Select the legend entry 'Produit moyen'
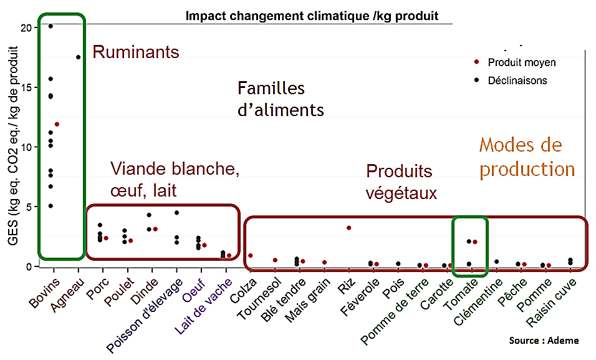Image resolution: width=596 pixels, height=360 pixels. [x=521, y=62]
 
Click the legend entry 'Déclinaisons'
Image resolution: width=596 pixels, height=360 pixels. [x=517, y=80]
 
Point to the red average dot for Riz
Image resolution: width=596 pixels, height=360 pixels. [x=349, y=228]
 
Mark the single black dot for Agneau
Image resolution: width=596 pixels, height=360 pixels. [x=78, y=57]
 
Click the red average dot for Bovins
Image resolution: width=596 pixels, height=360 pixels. [x=57, y=125]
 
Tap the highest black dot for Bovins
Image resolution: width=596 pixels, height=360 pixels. [x=50, y=26]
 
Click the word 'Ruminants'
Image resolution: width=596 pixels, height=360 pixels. [x=135, y=52]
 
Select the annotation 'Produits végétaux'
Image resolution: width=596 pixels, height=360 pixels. [x=401, y=182]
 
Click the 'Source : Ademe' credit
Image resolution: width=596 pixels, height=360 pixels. [x=544, y=341]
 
